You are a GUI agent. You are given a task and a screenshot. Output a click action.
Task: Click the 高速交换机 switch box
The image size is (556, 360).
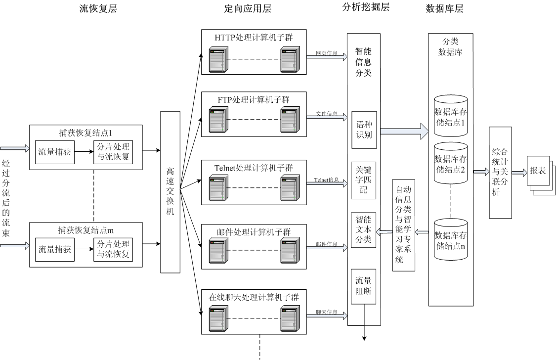(170, 192)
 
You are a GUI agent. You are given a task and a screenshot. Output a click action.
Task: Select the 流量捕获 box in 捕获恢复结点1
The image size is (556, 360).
(54, 152)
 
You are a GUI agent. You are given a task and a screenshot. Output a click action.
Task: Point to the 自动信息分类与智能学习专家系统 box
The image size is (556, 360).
(403, 225)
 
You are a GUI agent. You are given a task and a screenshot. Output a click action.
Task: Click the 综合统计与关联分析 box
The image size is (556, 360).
(500, 172)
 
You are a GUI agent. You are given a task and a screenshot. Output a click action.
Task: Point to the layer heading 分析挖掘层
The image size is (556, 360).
(366, 7)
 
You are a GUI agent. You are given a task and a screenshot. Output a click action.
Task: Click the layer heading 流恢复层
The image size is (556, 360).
(98, 8)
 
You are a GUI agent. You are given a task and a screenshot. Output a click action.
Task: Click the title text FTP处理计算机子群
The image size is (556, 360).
(254, 100)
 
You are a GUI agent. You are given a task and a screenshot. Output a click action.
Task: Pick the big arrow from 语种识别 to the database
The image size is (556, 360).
(404, 131)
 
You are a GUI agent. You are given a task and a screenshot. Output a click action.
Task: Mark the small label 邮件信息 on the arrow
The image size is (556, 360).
(327, 244)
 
